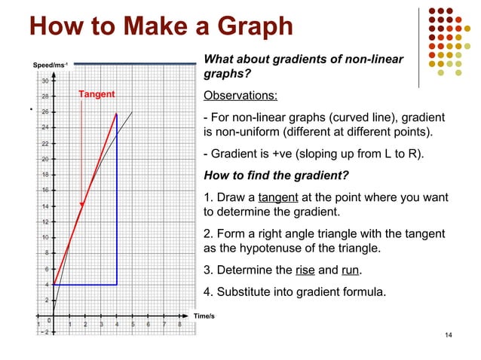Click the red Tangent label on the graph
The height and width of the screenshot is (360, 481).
pos(97,94)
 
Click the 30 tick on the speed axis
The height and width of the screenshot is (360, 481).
pos(45,81)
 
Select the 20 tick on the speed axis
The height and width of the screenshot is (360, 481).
pos(45,159)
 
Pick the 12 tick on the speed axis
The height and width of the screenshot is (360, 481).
pos(45,222)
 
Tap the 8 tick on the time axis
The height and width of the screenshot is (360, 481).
pos(179,325)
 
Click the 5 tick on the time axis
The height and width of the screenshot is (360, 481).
pos(133,325)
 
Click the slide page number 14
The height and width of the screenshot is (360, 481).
pos(449,334)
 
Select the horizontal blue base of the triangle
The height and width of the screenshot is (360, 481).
pos(84,284)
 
